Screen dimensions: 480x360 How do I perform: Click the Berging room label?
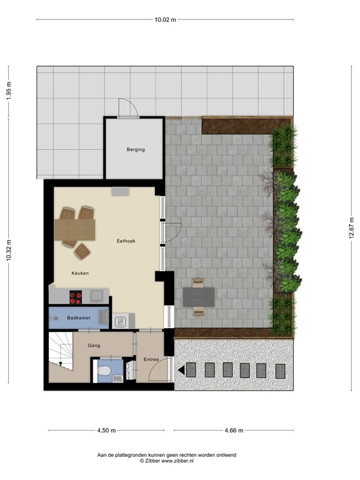[x=136, y=149]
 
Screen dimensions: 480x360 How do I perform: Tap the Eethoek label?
[x=126, y=241]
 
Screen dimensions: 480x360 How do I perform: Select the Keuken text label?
[x=80, y=273]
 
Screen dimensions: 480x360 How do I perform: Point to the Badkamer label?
[x=78, y=319]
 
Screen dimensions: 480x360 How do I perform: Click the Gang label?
[x=94, y=345]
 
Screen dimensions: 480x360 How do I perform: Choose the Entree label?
[x=151, y=359]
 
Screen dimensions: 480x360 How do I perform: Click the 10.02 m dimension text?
[x=165, y=19]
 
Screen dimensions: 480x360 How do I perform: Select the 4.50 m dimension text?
[x=106, y=430]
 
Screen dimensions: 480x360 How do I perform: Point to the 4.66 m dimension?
[x=232, y=430]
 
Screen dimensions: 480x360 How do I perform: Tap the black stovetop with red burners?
[x=76, y=296]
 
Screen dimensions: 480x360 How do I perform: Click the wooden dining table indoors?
[x=75, y=229]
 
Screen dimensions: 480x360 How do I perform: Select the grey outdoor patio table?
[x=199, y=296]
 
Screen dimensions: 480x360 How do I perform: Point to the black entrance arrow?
[x=181, y=370]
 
